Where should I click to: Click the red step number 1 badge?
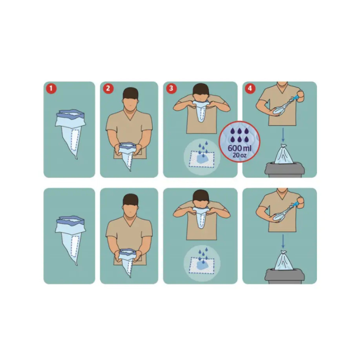point(51,88)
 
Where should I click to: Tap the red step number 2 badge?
point(108,88)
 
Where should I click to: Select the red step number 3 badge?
point(171,88)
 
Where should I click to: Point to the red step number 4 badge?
point(250,88)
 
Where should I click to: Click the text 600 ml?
point(239,148)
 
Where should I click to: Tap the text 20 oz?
point(239,155)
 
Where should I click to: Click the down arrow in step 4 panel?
point(283,135)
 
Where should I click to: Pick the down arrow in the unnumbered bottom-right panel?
point(283,241)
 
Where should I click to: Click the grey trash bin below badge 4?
point(285,170)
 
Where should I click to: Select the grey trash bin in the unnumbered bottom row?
point(285,276)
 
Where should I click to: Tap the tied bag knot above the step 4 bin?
point(283,146)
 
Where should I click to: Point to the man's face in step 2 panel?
point(130,106)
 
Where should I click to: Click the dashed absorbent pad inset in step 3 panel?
point(201,159)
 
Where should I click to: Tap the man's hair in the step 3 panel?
point(201,90)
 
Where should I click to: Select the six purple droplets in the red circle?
point(239,135)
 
